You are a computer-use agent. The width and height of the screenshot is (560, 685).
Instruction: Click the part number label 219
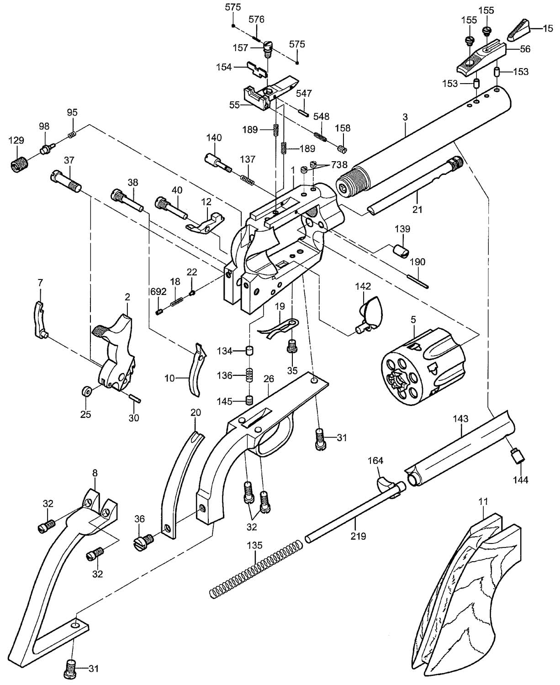[x=358, y=536]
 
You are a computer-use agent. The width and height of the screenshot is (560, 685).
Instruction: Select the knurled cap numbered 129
[x=19, y=163]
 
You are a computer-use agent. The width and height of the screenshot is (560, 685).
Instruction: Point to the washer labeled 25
[x=86, y=392]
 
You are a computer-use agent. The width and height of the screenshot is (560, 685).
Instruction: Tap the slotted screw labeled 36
[x=143, y=542]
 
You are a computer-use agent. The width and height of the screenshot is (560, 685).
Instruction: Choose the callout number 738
[x=339, y=165]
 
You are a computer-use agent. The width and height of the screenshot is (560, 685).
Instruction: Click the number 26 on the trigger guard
[x=269, y=379]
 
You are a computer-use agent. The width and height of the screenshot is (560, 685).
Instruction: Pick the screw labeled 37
[x=66, y=181]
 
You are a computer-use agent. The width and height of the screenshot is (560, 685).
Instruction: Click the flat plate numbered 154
[x=257, y=69]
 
